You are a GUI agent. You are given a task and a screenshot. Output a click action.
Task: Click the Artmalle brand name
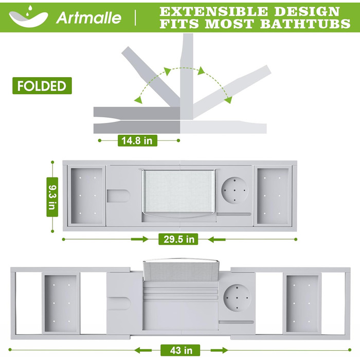(88, 18)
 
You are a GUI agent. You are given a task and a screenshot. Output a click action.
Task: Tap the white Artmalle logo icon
(28, 17)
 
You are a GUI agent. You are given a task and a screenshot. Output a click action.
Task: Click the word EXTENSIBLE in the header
(214, 11)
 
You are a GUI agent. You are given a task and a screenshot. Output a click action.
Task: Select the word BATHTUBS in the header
(305, 24)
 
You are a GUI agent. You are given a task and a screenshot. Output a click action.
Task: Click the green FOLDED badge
(42, 86)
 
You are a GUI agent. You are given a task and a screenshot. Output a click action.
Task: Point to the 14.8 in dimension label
(137, 140)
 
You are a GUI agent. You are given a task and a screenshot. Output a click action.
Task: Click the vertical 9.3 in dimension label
(52, 197)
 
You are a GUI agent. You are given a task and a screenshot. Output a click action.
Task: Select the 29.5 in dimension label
(178, 239)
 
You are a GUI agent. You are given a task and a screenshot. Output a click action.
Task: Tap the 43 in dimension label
(180, 350)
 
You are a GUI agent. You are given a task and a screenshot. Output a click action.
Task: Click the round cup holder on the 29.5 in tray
(235, 190)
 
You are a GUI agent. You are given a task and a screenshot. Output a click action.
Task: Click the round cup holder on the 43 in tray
(237, 298)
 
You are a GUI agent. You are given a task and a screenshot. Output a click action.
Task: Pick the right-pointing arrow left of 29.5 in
(140, 239)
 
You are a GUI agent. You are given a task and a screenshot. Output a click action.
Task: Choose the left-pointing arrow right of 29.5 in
(217, 240)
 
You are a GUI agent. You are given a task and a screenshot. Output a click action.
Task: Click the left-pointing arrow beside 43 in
(143, 351)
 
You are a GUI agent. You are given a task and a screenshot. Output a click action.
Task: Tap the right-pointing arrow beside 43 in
(219, 351)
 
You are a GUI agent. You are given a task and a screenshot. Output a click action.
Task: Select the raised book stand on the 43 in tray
(180, 271)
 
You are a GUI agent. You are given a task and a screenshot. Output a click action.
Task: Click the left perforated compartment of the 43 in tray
(61, 303)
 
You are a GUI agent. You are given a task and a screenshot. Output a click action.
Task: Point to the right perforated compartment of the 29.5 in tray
(273, 196)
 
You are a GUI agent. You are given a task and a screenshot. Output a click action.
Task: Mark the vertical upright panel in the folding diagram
(186, 77)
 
